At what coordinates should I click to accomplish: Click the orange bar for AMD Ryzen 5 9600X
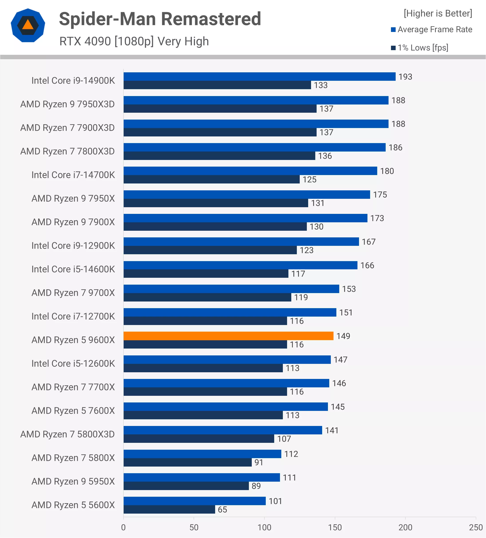click(x=228, y=336)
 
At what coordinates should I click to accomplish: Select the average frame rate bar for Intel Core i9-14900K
click(x=259, y=77)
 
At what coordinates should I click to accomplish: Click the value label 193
click(x=405, y=77)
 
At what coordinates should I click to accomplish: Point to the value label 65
click(x=222, y=509)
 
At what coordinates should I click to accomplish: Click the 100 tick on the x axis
click(x=264, y=527)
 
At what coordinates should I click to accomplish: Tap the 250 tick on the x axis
click(x=476, y=527)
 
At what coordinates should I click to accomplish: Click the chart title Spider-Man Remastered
click(x=160, y=19)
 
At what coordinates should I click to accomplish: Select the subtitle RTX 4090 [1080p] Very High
click(x=134, y=41)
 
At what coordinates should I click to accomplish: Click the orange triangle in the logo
click(x=28, y=25)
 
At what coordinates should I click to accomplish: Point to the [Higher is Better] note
click(x=437, y=13)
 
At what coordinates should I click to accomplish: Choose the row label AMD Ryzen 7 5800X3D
click(x=67, y=434)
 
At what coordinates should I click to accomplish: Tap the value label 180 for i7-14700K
click(x=387, y=171)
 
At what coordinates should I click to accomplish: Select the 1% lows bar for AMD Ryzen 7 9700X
click(x=207, y=297)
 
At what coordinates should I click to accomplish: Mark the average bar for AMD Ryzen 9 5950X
click(x=201, y=477)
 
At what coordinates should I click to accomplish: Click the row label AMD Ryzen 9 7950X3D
click(x=67, y=104)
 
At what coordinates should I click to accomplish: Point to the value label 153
click(x=349, y=289)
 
